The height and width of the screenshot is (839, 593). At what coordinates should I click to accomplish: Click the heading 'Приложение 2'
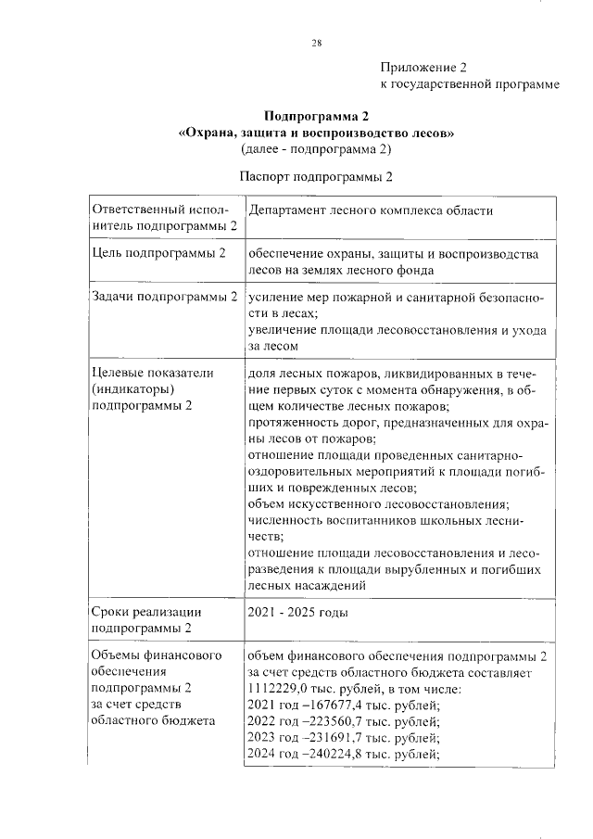423,68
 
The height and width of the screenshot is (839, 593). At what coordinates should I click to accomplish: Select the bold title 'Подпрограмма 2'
316,117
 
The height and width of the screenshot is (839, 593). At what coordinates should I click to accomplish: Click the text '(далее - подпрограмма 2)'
316,148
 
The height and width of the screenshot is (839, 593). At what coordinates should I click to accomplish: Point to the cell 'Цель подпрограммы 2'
159,253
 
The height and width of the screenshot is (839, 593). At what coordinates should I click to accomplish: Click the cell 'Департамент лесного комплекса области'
370,210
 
